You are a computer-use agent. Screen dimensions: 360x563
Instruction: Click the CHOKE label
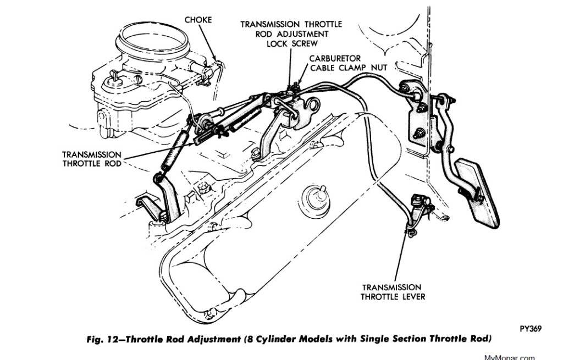(x=197, y=20)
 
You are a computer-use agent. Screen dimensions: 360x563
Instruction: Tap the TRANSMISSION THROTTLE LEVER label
(x=391, y=292)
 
